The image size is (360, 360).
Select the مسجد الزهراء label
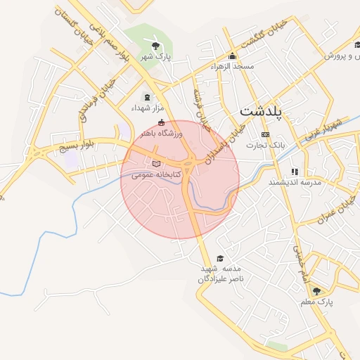pos(232,66)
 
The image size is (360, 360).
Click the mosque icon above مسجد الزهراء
pos(233,56)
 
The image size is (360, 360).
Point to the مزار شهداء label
pos(147,108)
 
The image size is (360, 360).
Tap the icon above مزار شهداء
pos(147,97)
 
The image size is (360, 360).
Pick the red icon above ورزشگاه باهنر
pos(161,123)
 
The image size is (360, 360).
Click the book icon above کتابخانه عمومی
pos(156,164)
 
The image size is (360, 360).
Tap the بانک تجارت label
pos(264,145)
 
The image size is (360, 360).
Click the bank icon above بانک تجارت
pos(265,134)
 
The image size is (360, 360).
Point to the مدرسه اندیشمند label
pos(294,182)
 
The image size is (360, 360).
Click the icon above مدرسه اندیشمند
pos(295,172)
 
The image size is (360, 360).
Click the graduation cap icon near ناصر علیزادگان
pos(221,258)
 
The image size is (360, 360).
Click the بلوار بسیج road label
pos(75,146)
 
